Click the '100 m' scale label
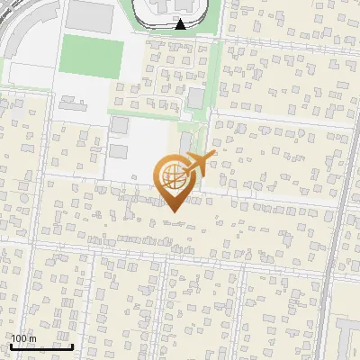point(23,339)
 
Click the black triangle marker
point(181,24)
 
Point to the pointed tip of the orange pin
point(172,211)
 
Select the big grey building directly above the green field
point(87,14)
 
